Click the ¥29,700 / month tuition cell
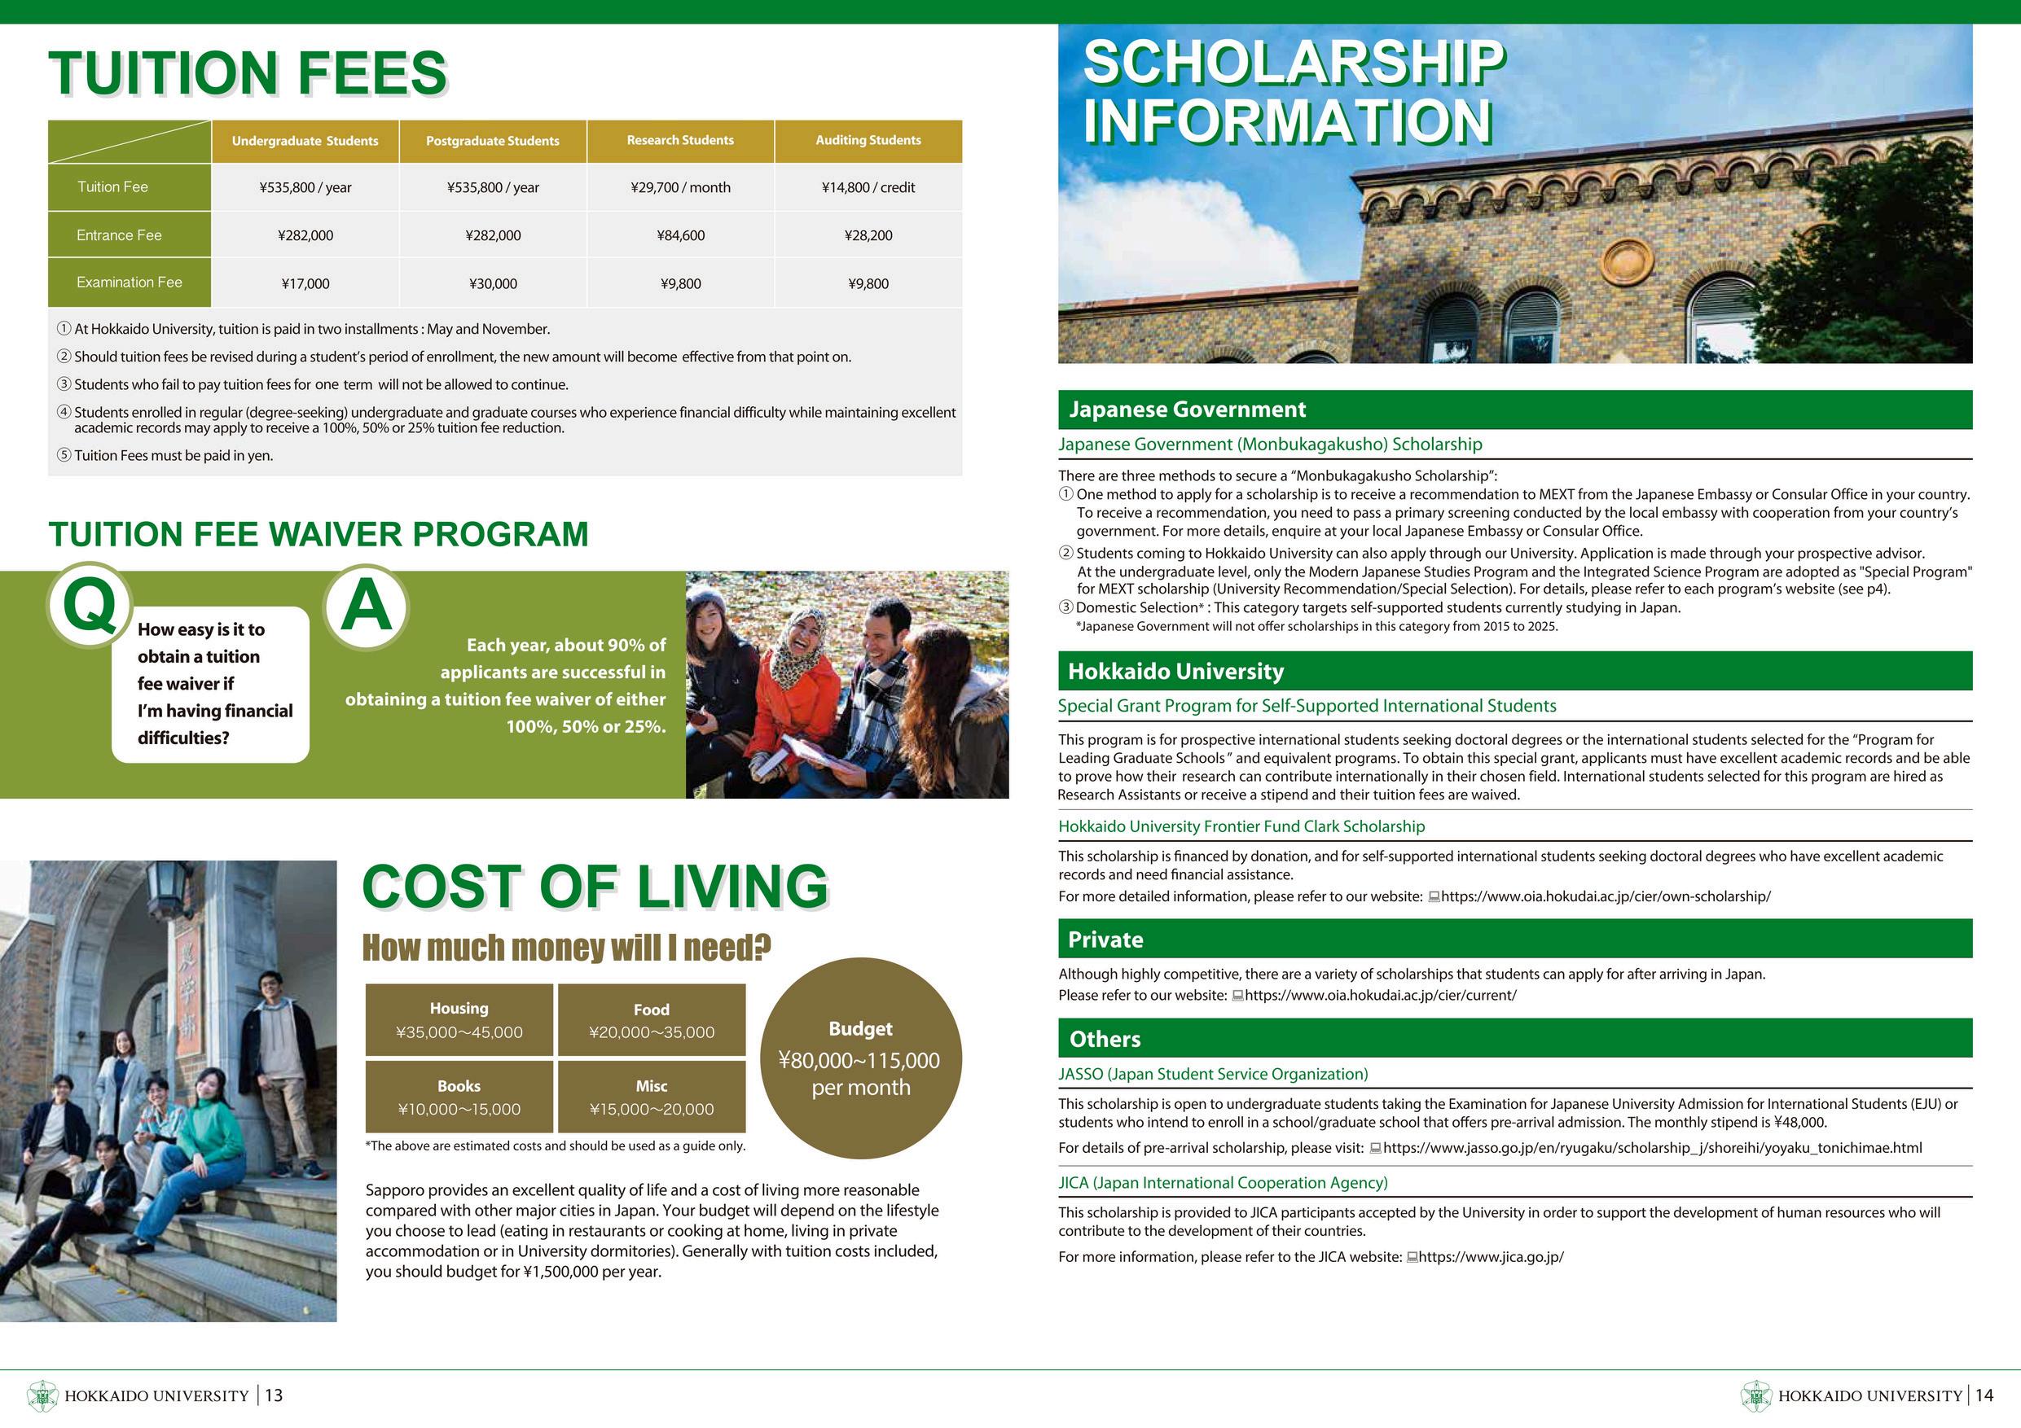[x=680, y=187]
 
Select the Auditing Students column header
[x=868, y=141]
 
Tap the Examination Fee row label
[x=130, y=283]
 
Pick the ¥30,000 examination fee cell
[x=493, y=283]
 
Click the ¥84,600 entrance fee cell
[x=680, y=236]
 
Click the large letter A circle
[x=367, y=607]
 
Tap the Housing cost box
[x=459, y=1020]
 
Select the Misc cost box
[x=652, y=1097]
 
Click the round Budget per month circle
[x=861, y=1058]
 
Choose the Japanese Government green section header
[x=1514, y=410]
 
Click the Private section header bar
[x=1514, y=940]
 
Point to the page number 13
[x=274, y=1395]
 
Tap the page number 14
[x=1984, y=1395]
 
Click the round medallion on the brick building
[x=1628, y=262]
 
